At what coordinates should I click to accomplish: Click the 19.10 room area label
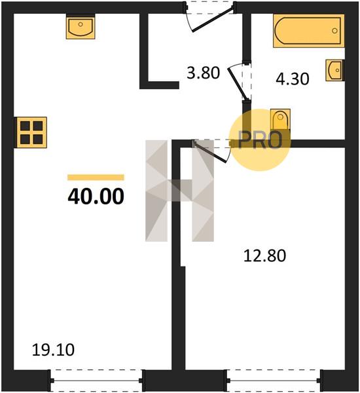pyautogui.click(x=53, y=350)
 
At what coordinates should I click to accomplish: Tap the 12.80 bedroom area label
pyautogui.click(x=264, y=256)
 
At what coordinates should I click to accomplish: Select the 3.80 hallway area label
pyautogui.click(x=203, y=73)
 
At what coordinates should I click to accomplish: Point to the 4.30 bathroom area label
pyautogui.click(x=293, y=79)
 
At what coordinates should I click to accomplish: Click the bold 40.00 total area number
pyautogui.click(x=96, y=196)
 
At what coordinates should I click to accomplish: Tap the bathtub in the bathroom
pyautogui.click(x=309, y=31)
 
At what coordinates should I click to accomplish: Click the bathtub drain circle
pyautogui.click(x=334, y=31)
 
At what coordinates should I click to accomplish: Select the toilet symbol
pyautogui.click(x=280, y=120)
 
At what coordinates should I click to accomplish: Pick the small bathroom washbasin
pyautogui.click(x=335, y=70)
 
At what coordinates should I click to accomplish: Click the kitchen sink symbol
pyautogui.click(x=81, y=26)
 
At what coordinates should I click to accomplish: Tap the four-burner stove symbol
pyautogui.click(x=31, y=132)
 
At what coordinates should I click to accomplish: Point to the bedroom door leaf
pyautogui.click(x=211, y=152)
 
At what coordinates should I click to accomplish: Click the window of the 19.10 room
pyautogui.click(x=97, y=381)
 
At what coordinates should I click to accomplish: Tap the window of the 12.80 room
pyautogui.click(x=275, y=381)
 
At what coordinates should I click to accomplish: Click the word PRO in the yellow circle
pyautogui.click(x=260, y=140)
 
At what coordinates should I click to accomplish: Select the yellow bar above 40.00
pyautogui.click(x=96, y=178)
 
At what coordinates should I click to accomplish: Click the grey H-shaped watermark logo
pyautogui.click(x=179, y=191)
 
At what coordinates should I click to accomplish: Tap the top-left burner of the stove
pyautogui.click(x=25, y=126)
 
